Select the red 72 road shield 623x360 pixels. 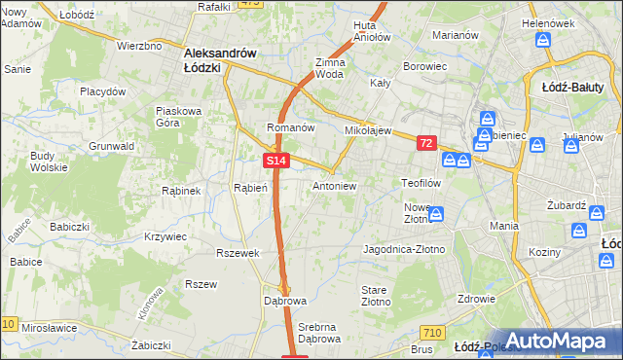pyautogui.click(x=426, y=143)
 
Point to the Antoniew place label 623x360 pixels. pyautogui.click(x=334, y=185)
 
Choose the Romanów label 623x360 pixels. pyautogui.click(x=289, y=127)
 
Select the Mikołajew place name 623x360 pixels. pyautogui.click(x=367, y=129)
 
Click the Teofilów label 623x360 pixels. pyautogui.click(x=422, y=182)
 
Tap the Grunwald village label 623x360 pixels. pyautogui.click(x=112, y=146)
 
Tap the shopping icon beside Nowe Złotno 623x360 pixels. pyautogui.click(x=437, y=213)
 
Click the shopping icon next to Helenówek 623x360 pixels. pyautogui.click(x=543, y=41)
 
